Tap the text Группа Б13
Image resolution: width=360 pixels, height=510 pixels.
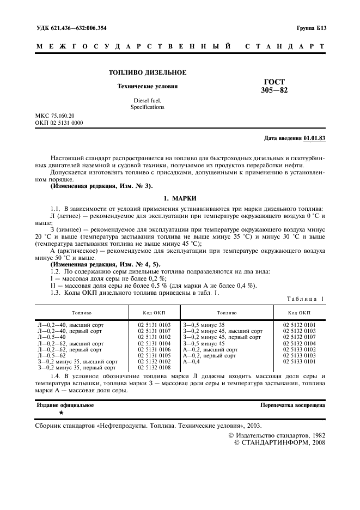pos(311,27)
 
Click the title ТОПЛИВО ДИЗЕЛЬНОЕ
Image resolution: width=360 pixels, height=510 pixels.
pos(148,72)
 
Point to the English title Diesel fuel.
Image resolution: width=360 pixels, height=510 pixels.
pos(147,101)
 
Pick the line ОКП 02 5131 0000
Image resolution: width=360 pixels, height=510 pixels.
pos(59,123)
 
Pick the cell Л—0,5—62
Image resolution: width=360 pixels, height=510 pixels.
pos(52,355)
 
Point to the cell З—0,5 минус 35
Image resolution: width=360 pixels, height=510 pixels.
pos(204,325)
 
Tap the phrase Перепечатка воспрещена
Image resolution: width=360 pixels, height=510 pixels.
pos(293,405)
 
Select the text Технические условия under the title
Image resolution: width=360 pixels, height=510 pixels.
pos(148,86)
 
